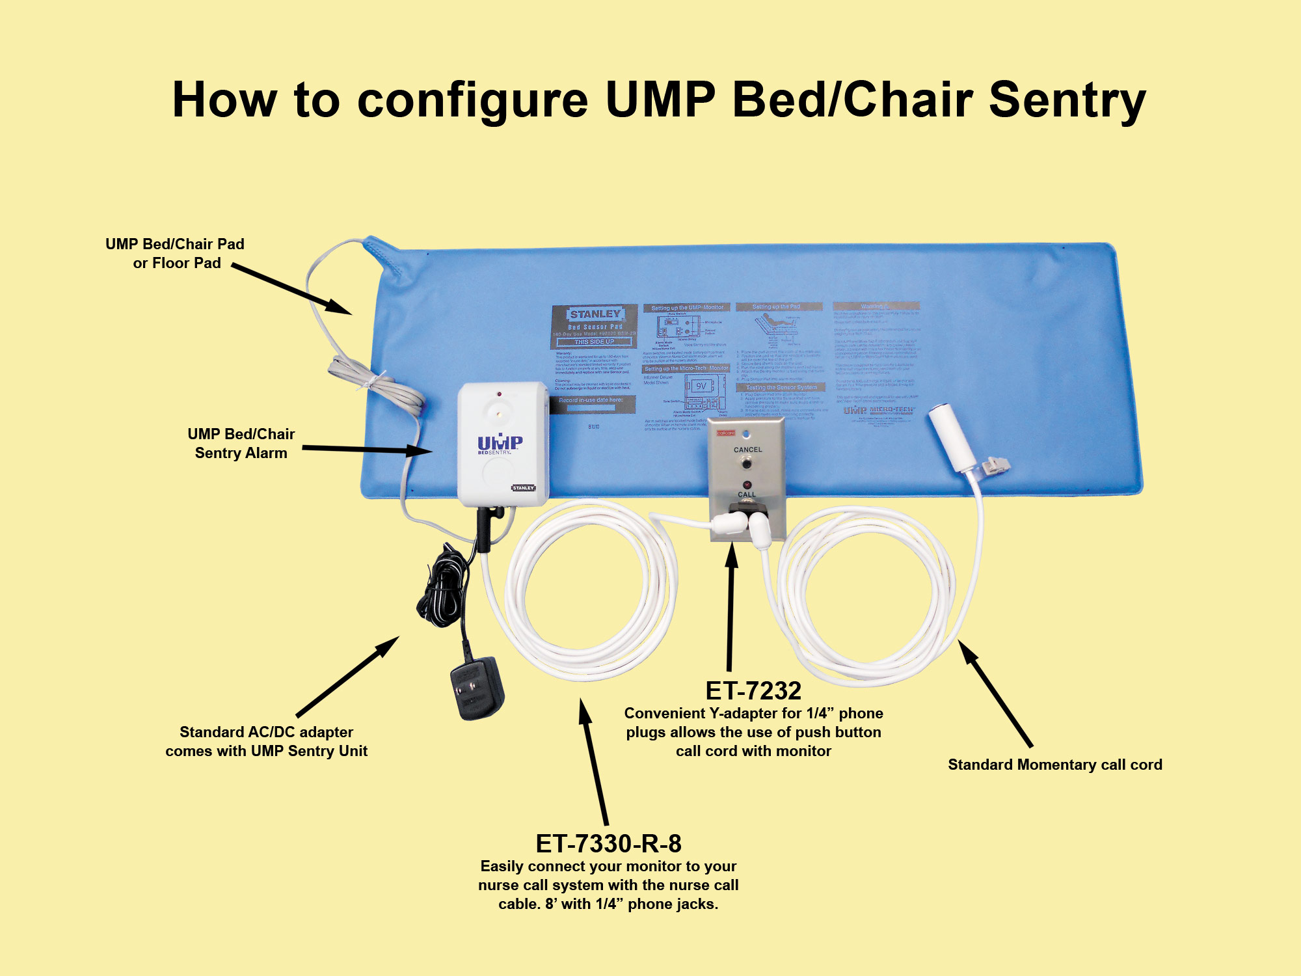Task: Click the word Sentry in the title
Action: tap(1067, 101)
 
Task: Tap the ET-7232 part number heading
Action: tap(753, 690)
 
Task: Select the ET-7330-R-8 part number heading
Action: tap(608, 843)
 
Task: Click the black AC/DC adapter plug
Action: tap(477, 688)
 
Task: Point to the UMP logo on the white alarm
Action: tap(500, 442)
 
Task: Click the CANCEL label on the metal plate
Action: tap(747, 450)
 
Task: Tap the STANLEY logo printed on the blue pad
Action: tap(595, 314)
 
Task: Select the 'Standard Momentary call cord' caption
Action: tap(1054, 765)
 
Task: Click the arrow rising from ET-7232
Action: tap(731, 605)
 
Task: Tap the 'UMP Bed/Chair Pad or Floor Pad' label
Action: tap(175, 253)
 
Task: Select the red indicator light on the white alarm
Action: tap(499, 394)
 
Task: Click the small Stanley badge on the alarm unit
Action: tap(523, 487)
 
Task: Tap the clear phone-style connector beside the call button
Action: tap(994, 465)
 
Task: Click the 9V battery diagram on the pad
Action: tap(701, 386)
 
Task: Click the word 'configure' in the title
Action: tap(473, 101)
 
